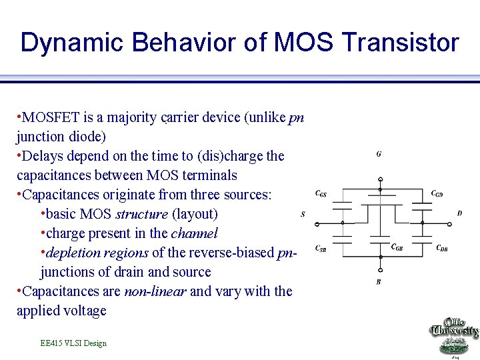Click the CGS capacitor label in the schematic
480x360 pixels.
[321, 194]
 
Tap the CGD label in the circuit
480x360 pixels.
[437, 194]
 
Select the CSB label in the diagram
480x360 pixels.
[321, 248]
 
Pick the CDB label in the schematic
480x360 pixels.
[441, 248]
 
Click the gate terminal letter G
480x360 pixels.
[379, 155]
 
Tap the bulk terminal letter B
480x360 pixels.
[379, 282]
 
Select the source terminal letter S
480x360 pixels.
[303, 214]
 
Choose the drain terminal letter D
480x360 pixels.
[459, 214]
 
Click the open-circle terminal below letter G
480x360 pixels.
[380, 179]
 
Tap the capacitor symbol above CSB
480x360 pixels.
[342, 236]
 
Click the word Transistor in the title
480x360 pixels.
[400, 43]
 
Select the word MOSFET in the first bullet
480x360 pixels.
[51, 118]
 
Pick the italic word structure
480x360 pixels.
[142, 215]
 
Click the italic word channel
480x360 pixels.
[194, 234]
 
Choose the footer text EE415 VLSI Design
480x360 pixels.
[73, 343]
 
